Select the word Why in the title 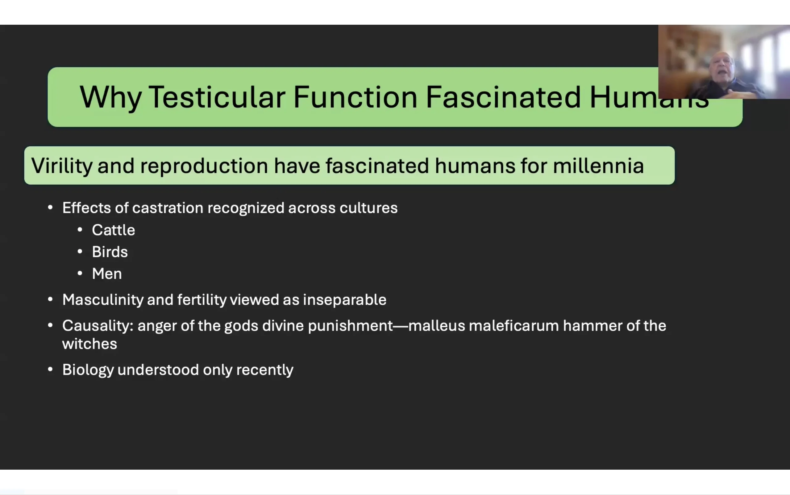click(x=110, y=98)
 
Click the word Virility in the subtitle click(x=62, y=166)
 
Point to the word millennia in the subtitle click(x=598, y=165)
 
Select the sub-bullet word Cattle click(x=114, y=230)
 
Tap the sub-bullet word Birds click(x=110, y=252)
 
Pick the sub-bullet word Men click(x=107, y=274)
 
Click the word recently click(x=265, y=370)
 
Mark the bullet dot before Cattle click(x=80, y=230)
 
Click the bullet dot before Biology click(x=50, y=370)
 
